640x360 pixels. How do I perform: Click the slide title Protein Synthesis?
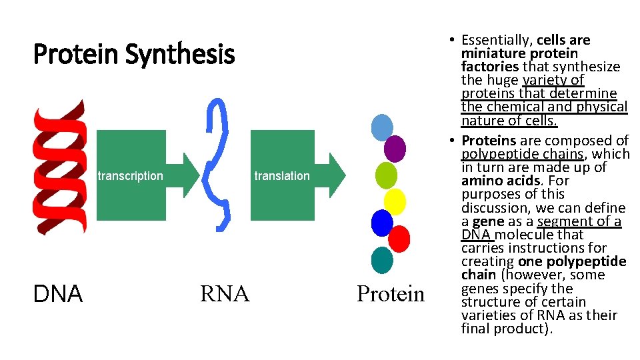tap(134, 55)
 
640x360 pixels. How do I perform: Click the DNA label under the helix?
tap(58, 294)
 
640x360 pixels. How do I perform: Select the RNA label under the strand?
tap(224, 294)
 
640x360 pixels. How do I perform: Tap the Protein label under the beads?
tap(390, 294)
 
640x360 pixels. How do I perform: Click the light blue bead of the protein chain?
tap(382, 127)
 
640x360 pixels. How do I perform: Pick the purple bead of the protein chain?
tap(395, 148)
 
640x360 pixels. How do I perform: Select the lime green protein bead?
tap(386, 175)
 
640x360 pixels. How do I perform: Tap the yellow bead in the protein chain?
tap(395, 201)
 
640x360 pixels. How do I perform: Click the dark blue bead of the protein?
tap(382, 223)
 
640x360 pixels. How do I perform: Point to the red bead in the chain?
tap(399, 238)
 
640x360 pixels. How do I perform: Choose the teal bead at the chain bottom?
tap(382, 260)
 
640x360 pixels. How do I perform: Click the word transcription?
tap(130, 176)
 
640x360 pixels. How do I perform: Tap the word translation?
tap(282, 176)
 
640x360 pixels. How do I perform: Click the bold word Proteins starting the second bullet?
tap(489, 141)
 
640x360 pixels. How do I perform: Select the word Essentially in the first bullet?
tap(496, 40)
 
